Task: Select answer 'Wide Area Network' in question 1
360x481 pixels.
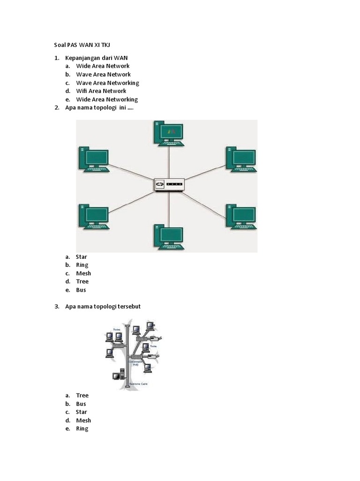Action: click(103, 66)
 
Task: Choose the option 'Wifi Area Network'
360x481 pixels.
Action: click(101, 91)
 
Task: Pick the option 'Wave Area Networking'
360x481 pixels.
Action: click(107, 83)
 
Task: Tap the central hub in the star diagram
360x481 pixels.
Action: click(170, 185)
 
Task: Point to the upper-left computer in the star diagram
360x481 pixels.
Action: click(94, 159)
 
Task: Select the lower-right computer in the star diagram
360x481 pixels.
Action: click(241, 217)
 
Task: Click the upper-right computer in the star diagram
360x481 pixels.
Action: click(241, 159)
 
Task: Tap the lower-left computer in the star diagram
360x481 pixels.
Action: click(94, 217)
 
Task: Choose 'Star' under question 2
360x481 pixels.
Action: click(82, 257)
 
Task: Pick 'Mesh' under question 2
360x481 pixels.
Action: click(83, 273)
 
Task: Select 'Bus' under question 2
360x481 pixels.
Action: click(81, 290)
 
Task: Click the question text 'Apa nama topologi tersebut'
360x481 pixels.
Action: click(103, 307)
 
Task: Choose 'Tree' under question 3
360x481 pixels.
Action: click(82, 396)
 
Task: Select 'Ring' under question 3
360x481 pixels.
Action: click(82, 428)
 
